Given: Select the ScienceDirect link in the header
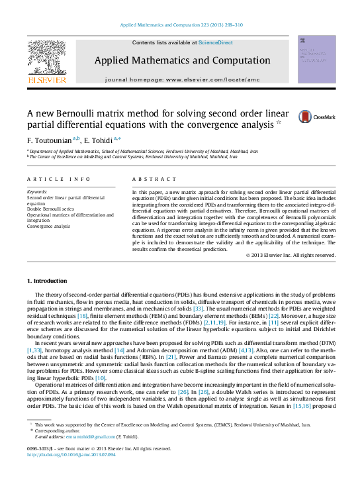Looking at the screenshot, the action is pyautogui.click(x=216, y=42).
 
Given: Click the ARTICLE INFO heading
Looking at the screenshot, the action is pyautogui.click(x=58, y=179).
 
